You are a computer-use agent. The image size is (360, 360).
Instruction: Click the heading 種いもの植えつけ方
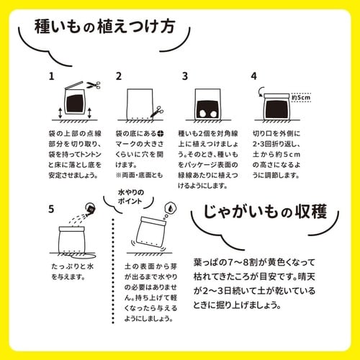104,29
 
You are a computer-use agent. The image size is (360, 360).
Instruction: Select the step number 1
51,76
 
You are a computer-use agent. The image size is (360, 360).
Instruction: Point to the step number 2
119,76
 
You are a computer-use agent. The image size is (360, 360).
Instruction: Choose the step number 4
253,76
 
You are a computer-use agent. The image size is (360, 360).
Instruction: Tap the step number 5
51,210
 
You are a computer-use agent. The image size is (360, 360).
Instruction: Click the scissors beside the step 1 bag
93,85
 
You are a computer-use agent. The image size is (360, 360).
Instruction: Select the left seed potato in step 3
204,112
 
